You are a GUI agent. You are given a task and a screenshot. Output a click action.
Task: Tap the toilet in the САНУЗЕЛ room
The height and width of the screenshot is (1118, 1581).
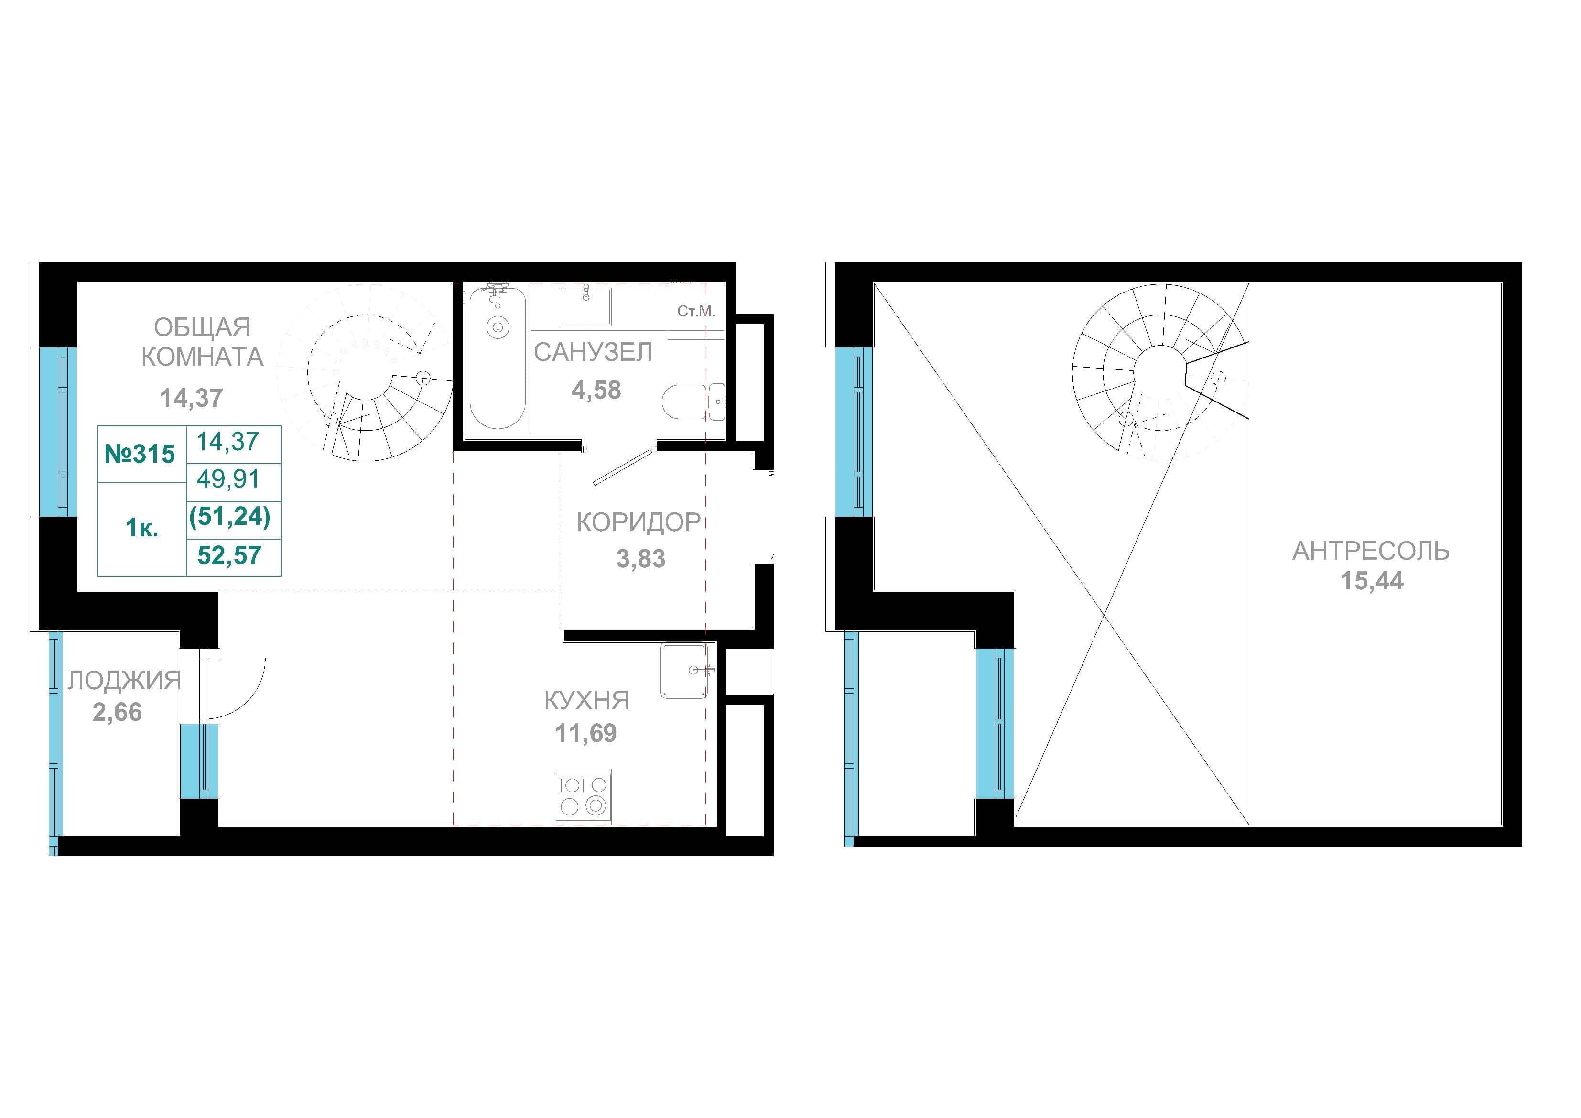[x=693, y=402]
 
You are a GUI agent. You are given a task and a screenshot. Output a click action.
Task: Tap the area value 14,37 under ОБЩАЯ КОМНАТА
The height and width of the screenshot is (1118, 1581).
[x=192, y=398]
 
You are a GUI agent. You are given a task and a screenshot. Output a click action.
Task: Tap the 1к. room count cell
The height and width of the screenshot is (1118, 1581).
[x=142, y=528]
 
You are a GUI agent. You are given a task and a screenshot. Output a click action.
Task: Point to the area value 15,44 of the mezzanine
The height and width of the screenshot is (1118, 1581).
[x=1372, y=581]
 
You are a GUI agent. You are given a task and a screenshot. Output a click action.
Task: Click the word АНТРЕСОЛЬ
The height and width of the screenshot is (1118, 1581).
[x=1371, y=551]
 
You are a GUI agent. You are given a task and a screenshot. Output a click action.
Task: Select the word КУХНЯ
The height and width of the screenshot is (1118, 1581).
[x=587, y=701]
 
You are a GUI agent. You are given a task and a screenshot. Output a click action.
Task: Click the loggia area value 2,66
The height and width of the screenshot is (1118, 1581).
[x=117, y=712]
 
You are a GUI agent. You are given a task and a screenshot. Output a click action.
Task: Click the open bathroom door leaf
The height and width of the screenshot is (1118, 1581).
[x=622, y=467]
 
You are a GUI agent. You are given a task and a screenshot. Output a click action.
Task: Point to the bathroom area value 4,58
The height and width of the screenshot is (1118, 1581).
[x=596, y=391]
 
